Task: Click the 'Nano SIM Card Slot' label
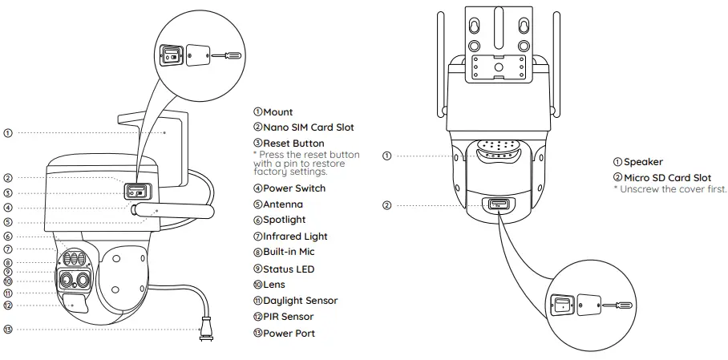pos(308,127)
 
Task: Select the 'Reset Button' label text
pos(293,144)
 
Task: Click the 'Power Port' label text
pos(289,333)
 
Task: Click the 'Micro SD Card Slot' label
pos(667,177)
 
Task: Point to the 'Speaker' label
pos(643,162)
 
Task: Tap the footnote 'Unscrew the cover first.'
pos(673,189)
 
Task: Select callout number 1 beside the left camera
pos(7,132)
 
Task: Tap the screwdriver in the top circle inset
pos(227,55)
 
